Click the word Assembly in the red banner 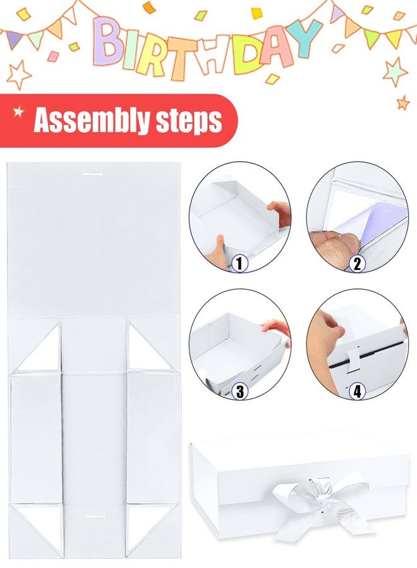click(x=92, y=121)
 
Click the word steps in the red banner click(x=188, y=121)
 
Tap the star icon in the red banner click(x=18, y=111)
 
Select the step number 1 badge click(x=239, y=263)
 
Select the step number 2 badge click(x=357, y=264)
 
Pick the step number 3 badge click(x=239, y=391)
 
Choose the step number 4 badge click(x=357, y=391)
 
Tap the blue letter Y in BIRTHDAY click(x=305, y=38)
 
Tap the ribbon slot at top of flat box click(x=93, y=174)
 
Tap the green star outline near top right click(x=396, y=72)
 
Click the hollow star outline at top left click(x=18, y=75)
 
